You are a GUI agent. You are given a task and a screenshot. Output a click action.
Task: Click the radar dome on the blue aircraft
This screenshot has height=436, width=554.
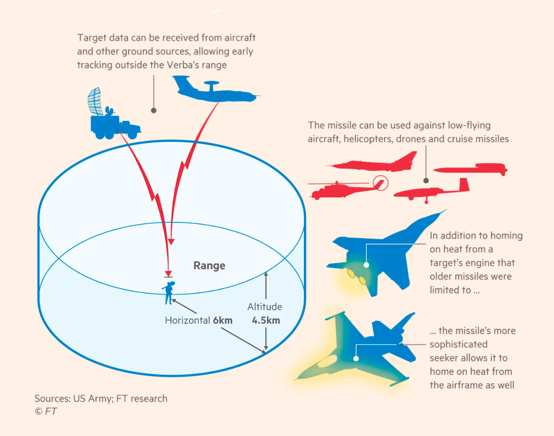(211, 83)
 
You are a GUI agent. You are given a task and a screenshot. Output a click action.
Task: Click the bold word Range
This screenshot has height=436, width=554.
(209, 266)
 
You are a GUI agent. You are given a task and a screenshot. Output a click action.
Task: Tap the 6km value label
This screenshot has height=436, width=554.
(223, 320)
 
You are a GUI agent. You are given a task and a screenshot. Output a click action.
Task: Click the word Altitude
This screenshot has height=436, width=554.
(265, 307)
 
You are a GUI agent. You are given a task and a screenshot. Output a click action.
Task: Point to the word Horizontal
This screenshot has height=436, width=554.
(187, 320)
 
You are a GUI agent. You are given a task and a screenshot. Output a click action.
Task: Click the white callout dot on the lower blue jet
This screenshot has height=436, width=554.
(356, 359)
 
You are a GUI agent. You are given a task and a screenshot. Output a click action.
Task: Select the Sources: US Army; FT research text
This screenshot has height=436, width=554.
(101, 398)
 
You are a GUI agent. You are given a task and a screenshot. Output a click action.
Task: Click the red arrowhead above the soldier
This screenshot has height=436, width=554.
(168, 273)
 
